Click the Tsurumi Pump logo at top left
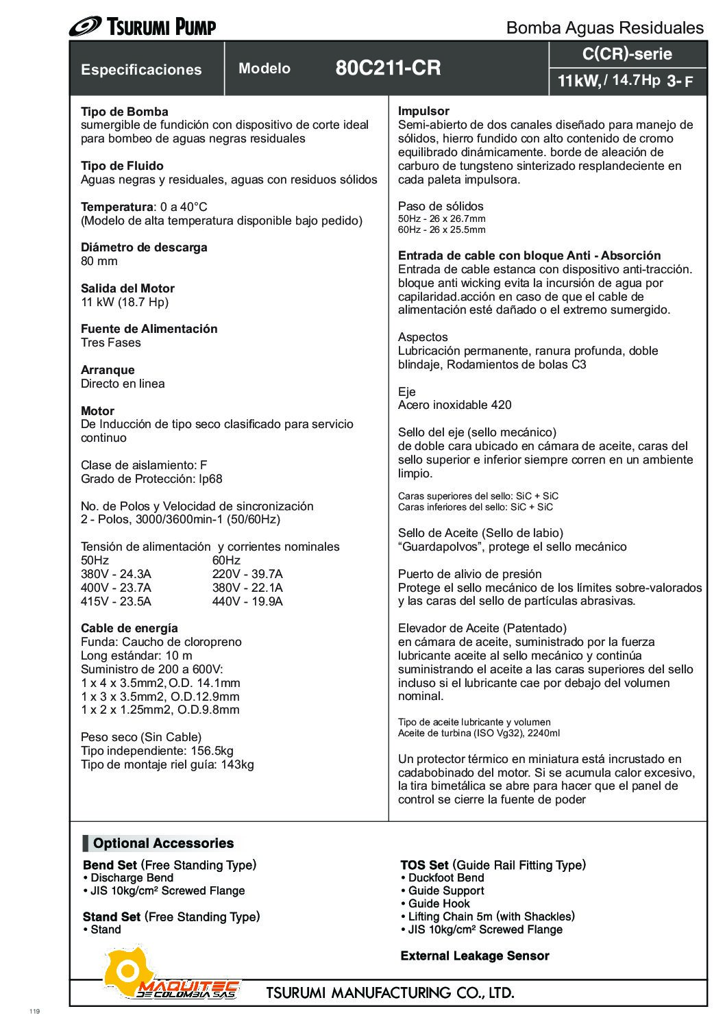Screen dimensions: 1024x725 tap(143, 27)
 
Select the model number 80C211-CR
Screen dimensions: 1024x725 tap(388, 68)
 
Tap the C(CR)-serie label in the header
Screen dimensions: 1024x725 tap(627, 54)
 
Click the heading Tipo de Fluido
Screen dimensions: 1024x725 tap(122, 166)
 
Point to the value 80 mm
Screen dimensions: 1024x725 tap(99, 261)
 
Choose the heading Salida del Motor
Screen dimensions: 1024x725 tap(127, 288)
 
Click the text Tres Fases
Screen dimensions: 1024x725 tap(111, 342)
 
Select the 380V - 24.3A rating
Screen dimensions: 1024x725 tap(116, 574)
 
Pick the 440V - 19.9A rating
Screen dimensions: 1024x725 tap(247, 601)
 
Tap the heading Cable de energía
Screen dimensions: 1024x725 tap(130, 628)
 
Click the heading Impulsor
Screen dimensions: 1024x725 tap(423, 111)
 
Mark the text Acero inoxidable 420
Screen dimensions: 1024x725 tap(454, 405)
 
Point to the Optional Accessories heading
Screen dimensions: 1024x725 tap(163, 843)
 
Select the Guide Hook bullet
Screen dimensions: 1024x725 tap(439, 903)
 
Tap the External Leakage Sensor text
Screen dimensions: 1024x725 tap(474, 956)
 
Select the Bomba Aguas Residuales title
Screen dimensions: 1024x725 tap(604, 27)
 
